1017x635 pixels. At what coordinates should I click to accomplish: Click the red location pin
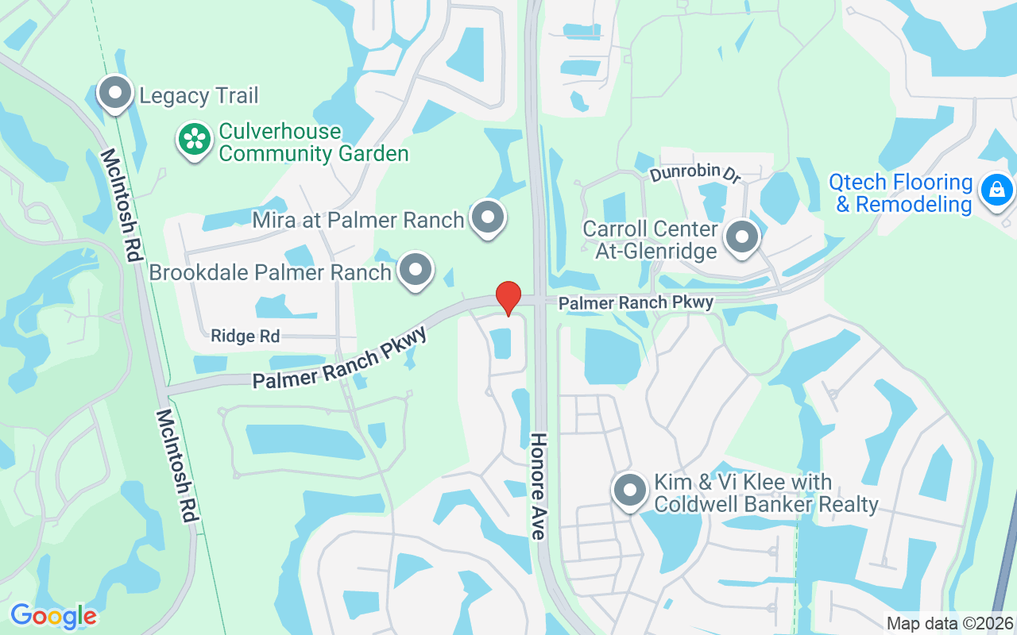point(508,298)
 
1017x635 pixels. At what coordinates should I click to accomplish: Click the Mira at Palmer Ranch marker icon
point(487,217)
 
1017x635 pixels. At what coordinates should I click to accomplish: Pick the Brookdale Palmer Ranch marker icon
point(415,270)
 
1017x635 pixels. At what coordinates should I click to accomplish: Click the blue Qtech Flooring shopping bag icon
point(996,190)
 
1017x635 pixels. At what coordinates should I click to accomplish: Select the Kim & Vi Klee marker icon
point(630,490)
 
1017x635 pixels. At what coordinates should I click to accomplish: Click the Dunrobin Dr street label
point(695,174)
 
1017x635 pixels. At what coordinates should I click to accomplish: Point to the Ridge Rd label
point(246,337)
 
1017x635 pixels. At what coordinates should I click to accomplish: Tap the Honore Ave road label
point(538,486)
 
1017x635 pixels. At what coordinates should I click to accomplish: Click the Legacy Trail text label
point(199,96)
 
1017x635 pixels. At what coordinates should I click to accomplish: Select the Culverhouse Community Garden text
point(313,142)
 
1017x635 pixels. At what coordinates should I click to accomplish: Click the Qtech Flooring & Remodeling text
point(902,193)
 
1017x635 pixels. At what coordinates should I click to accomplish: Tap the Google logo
point(53,616)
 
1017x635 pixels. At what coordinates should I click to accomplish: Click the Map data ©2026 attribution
point(949,623)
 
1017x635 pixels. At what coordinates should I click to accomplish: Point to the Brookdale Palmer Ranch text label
point(270,272)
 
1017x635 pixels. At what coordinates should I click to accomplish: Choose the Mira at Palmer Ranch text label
point(358,219)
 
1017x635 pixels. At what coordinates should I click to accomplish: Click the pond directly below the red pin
point(501,343)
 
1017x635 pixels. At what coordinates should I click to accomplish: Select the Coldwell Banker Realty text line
point(766,504)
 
